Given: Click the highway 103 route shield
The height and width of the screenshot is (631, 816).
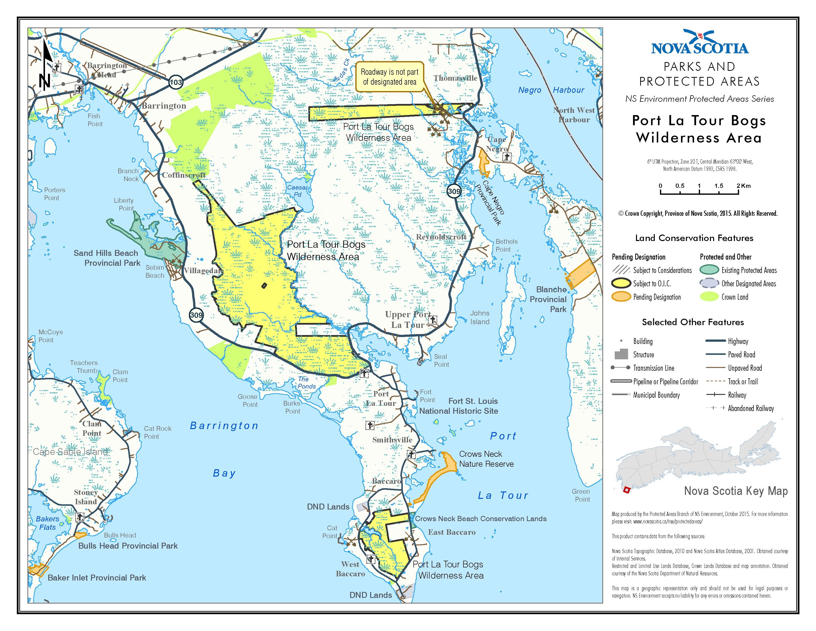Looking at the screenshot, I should coord(176,82).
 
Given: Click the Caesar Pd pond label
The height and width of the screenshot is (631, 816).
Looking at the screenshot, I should coord(297,191).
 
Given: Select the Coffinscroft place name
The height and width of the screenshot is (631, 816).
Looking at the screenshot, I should coord(183,175).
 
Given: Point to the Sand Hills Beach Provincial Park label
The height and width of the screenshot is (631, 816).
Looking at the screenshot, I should coord(107,258).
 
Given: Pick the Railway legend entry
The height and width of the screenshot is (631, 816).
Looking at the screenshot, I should coord(737,395).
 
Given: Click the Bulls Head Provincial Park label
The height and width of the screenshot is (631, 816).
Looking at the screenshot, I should coord(128,546).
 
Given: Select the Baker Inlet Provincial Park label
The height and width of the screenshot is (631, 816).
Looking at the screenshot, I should coord(96,578).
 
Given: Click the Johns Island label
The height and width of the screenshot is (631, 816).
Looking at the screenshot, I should coord(479,317).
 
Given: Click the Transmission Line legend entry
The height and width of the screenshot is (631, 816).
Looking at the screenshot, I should coord(654,368).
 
